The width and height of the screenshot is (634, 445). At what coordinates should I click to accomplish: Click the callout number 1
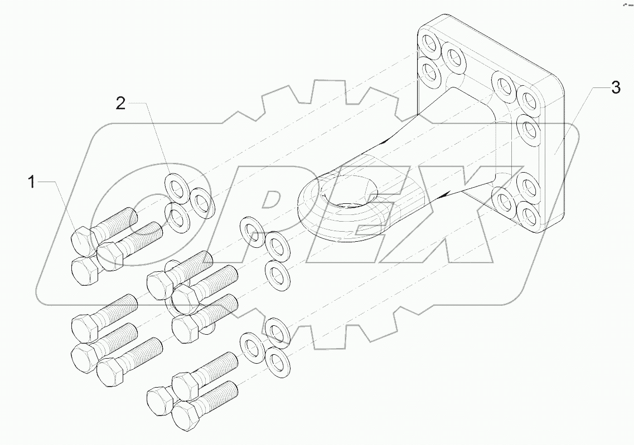32,182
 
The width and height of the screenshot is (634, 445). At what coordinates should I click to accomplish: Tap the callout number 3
615,87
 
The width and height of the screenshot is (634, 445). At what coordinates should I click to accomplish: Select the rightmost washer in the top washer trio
202,203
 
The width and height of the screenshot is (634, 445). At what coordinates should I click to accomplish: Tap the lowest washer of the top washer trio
178,217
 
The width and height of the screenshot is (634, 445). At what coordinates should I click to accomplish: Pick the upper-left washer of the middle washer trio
253,232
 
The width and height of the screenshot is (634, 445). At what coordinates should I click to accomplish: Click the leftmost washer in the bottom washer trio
252,348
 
